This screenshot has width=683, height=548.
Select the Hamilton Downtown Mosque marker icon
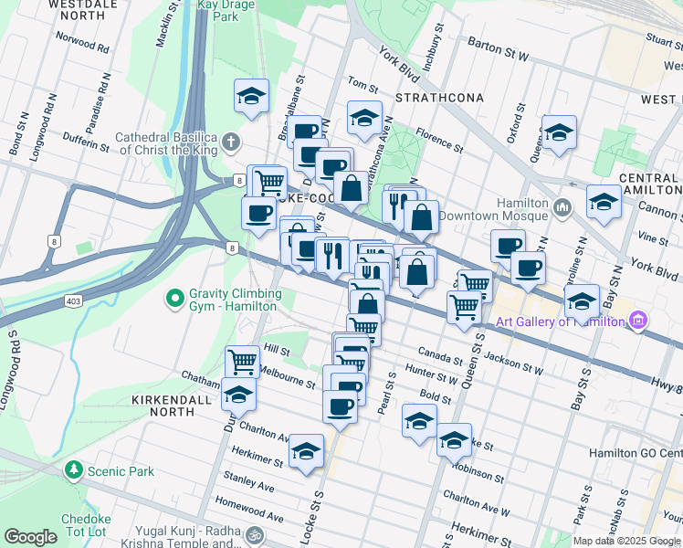click(x=562, y=209)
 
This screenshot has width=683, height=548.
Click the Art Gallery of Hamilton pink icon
click(x=638, y=321)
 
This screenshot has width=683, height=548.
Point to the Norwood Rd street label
click(x=82, y=42)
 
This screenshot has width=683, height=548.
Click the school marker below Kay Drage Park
click(x=252, y=96)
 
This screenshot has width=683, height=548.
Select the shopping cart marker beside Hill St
click(x=242, y=361)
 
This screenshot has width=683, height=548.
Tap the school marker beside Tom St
click(x=364, y=117)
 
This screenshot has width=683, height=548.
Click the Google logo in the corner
click(x=30, y=537)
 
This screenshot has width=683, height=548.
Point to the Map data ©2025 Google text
click(x=626, y=541)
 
